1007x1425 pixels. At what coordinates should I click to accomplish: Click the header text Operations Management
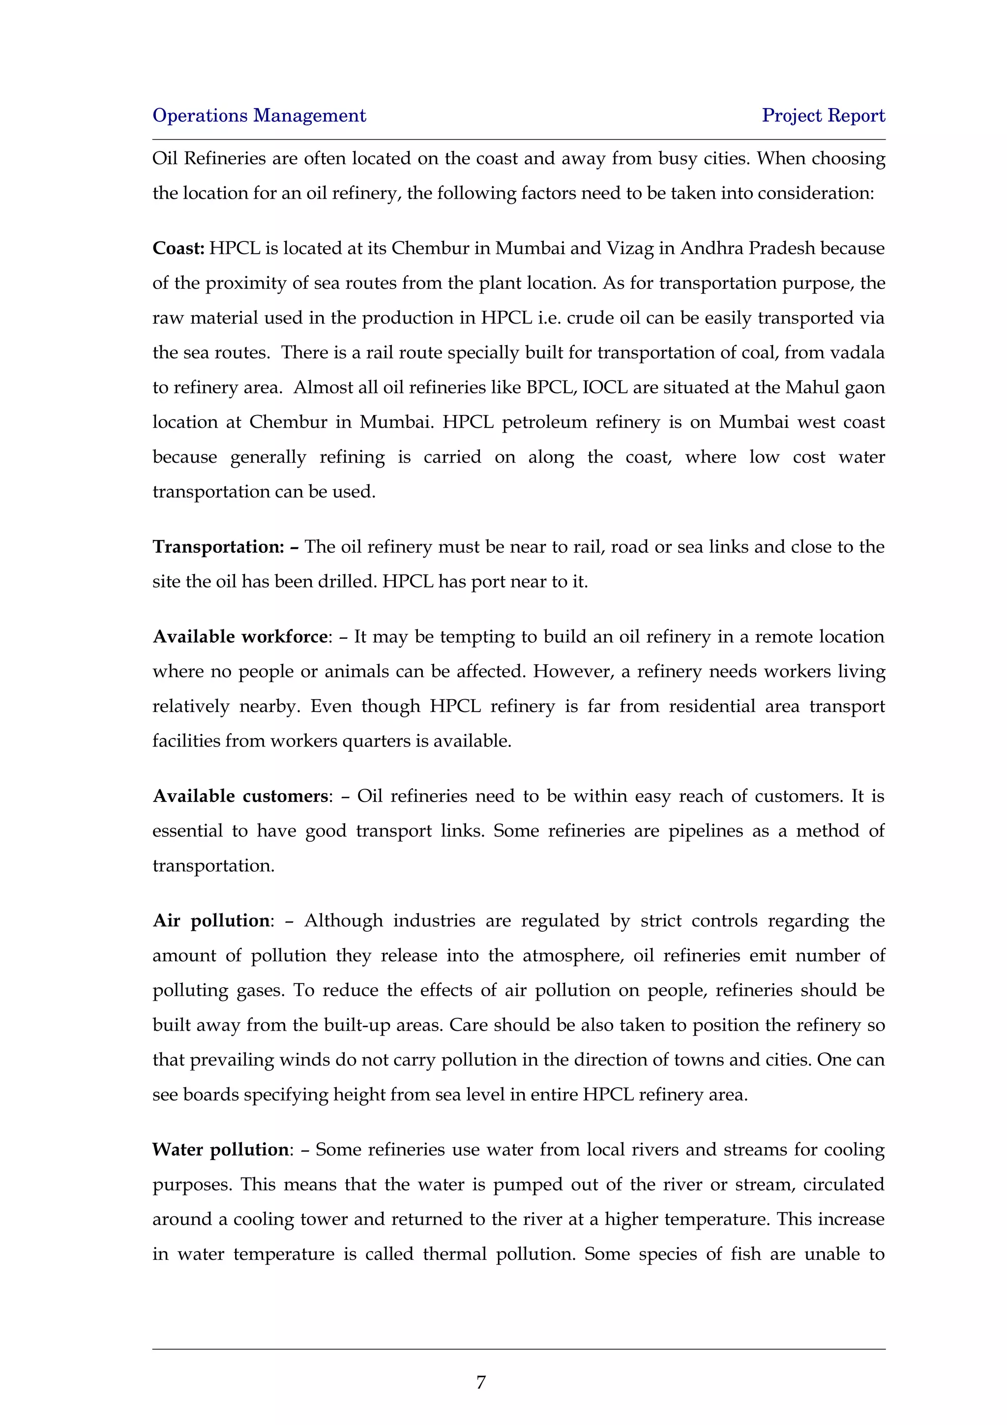pos(259,116)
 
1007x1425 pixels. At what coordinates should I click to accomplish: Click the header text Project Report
pos(823,116)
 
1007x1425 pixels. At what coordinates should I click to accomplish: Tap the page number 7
pos(481,1382)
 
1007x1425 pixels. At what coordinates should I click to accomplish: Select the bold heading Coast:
pos(178,248)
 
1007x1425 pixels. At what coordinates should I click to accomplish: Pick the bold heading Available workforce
pos(240,637)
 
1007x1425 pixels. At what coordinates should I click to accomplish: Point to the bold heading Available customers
pos(240,796)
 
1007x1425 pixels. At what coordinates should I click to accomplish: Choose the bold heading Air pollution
pos(211,920)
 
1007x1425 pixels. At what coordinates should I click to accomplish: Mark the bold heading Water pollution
pos(220,1150)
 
